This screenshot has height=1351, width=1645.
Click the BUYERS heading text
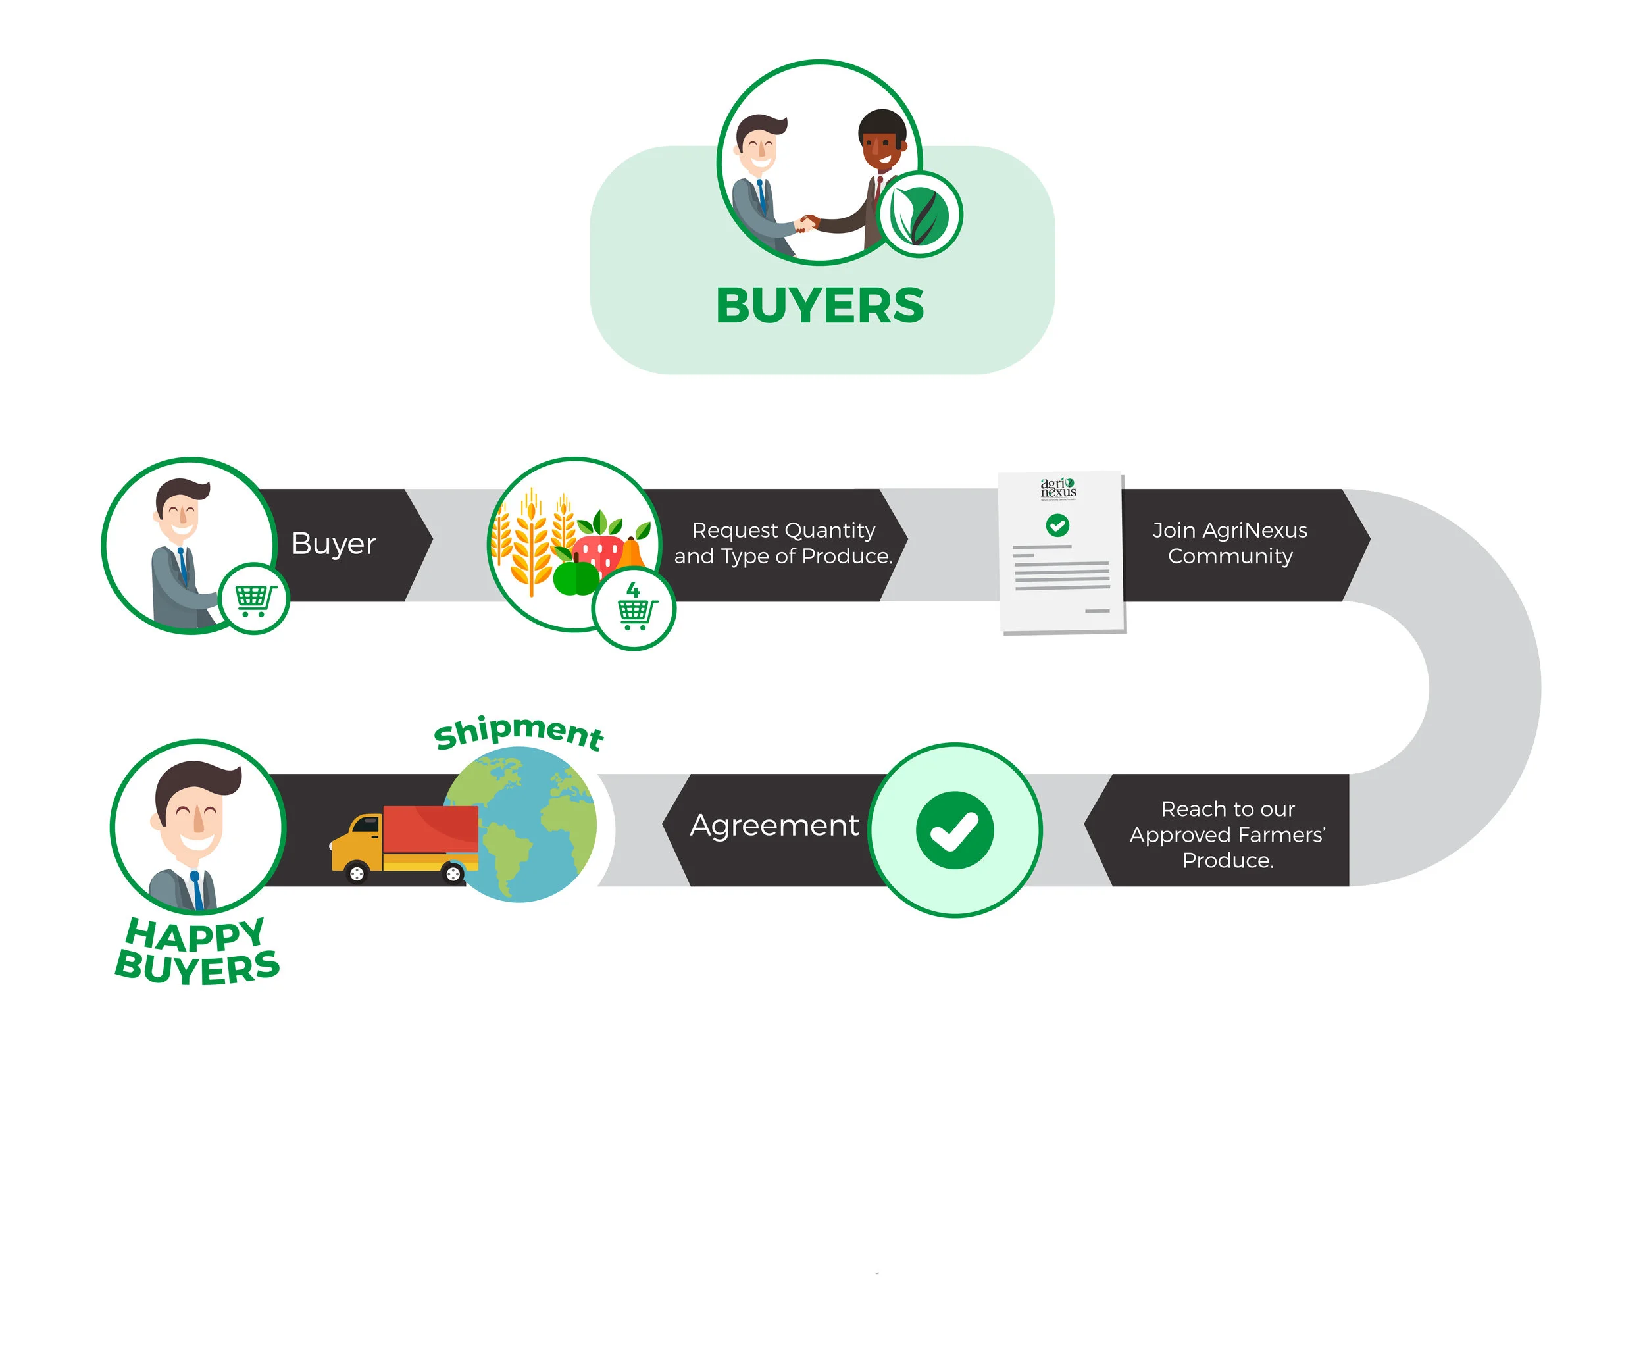tap(819, 306)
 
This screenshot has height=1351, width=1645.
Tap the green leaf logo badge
tap(919, 215)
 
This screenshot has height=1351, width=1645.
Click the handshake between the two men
tap(809, 223)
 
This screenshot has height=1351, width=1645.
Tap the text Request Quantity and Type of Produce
tap(783, 543)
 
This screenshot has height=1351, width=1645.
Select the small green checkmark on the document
tap(1057, 525)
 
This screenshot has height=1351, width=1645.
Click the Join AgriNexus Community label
tap(1229, 543)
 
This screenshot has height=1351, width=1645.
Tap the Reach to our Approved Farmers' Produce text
tap(1227, 834)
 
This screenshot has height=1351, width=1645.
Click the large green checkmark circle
tap(954, 830)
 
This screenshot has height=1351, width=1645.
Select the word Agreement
tap(774, 826)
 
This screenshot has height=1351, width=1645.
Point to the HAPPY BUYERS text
tap(197, 951)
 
